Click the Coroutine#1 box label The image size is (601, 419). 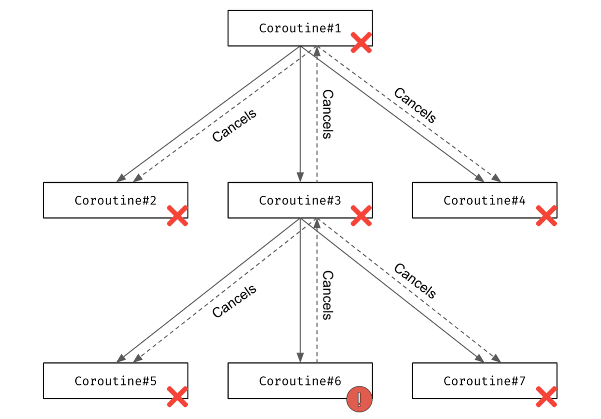pos(299,28)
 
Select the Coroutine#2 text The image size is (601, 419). pos(115,200)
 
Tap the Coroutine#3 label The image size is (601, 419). pos(299,200)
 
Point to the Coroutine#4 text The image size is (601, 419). pos(484,200)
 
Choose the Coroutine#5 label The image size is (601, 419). pos(115,381)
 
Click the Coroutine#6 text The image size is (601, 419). pos(299,381)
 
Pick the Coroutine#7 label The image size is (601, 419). pos(484,381)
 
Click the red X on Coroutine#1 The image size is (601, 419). pos(361,43)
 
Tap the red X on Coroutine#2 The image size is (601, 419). pos(177,216)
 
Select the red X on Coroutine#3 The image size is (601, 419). pos(361,216)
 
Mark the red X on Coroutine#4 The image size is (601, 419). pos(546,216)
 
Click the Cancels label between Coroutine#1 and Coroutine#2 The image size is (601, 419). pos(234,125)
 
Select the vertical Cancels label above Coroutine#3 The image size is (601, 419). pos(328,114)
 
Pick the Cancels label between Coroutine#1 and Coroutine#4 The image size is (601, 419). pos(415,105)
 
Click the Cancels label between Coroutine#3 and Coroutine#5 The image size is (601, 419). pos(234,301)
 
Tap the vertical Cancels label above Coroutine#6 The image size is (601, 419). pos(328,295)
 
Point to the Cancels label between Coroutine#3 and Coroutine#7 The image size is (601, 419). pos(415,281)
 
